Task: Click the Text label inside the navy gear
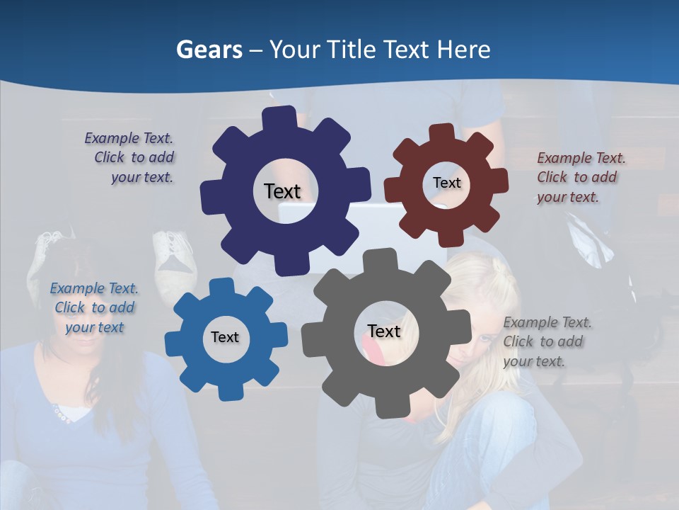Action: (x=282, y=191)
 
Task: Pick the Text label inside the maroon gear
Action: (x=446, y=183)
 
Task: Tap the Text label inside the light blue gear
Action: (x=225, y=337)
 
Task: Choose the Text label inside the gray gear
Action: (x=384, y=331)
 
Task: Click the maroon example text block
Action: (x=579, y=177)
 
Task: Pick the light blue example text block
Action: (x=94, y=307)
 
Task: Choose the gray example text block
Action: (x=546, y=341)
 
